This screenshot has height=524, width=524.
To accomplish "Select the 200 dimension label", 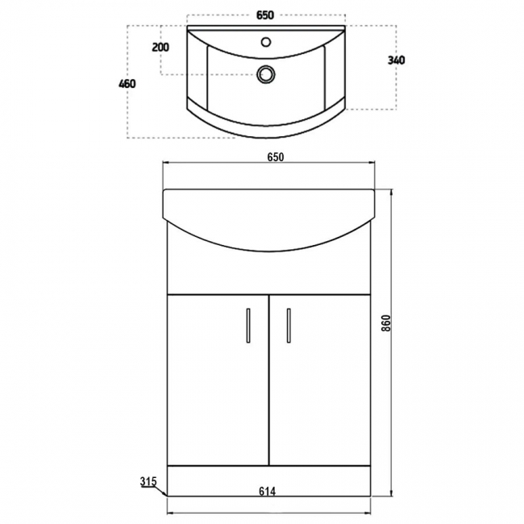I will pyautogui.click(x=160, y=47).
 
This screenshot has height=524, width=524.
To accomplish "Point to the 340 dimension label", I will pyautogui.click(x=397, y=60).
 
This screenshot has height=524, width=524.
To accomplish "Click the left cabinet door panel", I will pyautogui.click(x=214, y=379).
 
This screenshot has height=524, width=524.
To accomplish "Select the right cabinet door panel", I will pyautogui.click(x=318, y=379).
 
